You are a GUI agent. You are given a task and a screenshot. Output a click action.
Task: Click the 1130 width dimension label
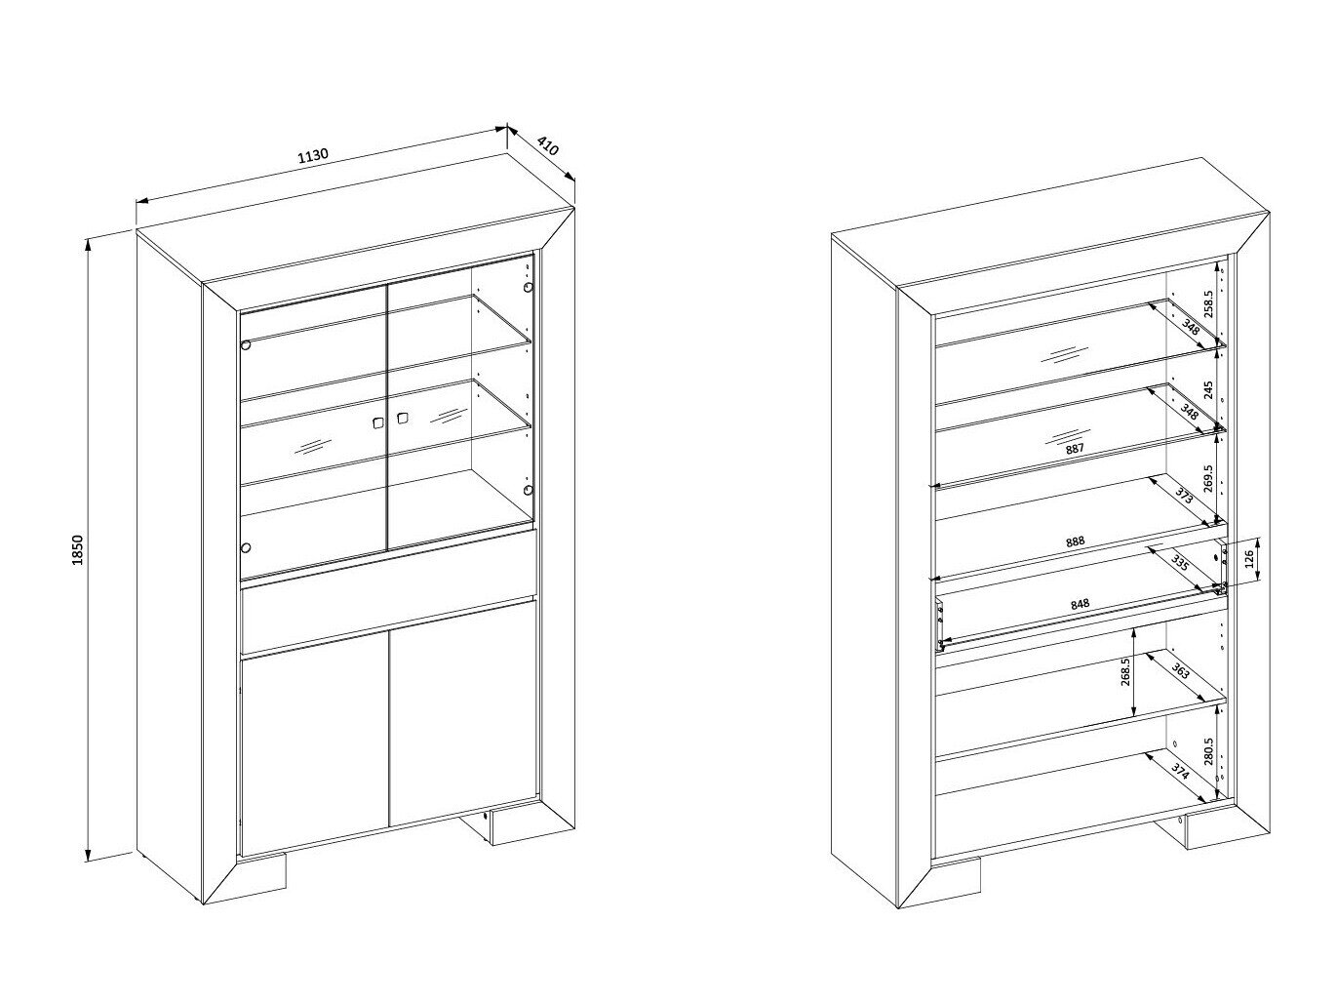pyautogui.click(x=313, y=156)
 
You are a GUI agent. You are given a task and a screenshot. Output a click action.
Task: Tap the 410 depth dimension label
pyautogui.click(x=548, y=146)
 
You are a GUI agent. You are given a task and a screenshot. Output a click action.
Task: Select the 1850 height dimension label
pyautogui.click(x=77, y=549)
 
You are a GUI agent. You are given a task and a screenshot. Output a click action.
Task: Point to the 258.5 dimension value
pyautogui.click(x=1209, y=303)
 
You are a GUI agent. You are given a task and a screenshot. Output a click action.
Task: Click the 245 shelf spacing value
pyautogui.click(x=1209, y=390)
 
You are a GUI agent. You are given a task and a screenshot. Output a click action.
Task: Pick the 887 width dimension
pyautogui.click(x=1075, y=449)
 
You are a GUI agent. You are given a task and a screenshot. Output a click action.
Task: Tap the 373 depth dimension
pyautogui.click(x=1184, y=496)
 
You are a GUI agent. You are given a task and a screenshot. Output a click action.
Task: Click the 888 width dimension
pyautogui.click(x=1075, y=542)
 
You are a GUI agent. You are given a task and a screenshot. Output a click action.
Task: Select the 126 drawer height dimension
pyautogui.click(x=1248, y=558)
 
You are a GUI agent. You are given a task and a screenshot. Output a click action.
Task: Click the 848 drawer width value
pyautogui.click(x=1080, y=605)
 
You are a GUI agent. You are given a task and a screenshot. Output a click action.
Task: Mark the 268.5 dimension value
pyautogui.click(x=1125, y=672)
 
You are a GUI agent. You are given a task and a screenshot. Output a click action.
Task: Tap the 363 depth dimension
pyautogui.click(x=1180, y=671)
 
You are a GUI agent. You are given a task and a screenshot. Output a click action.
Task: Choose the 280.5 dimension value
pyautogui.click(x=1209, y=751)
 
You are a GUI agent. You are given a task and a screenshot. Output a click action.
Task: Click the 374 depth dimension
pyautogui.click(x=1180, y=773)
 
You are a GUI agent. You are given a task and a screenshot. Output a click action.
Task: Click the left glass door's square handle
pyautogui.click(x=378, y=422)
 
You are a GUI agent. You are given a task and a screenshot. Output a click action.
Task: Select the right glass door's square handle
pyautogui.click(x=401, y=419)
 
